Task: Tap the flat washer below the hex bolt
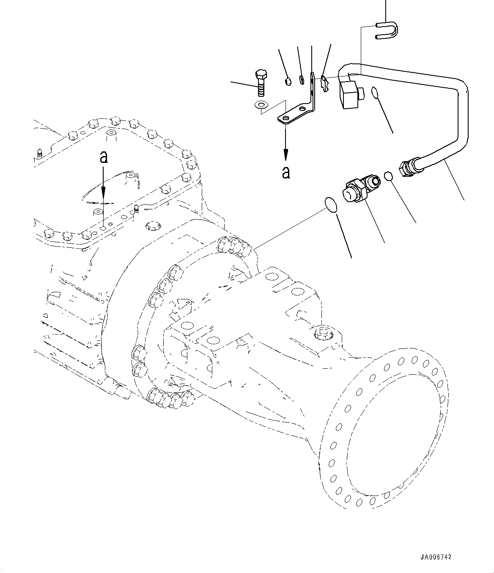261,104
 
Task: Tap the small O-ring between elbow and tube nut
389,175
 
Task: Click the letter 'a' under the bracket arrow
286,172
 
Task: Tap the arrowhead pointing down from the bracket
286,156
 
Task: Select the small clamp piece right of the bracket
325,83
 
